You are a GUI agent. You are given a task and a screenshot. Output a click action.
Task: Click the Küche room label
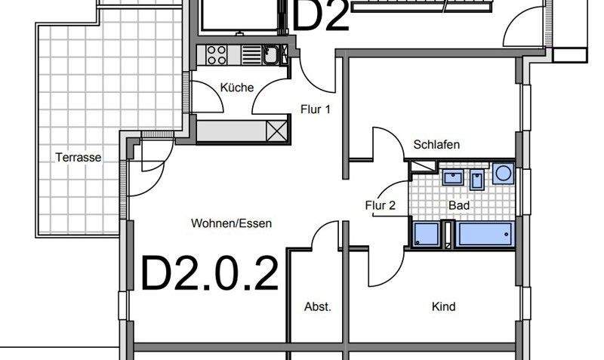pyautogui.click(x=236, y=88)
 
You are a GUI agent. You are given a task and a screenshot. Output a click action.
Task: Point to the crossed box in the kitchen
pyautogui.click(x=278, y=130)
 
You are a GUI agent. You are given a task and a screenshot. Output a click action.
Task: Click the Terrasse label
pyautogui.click(x=79, y=158)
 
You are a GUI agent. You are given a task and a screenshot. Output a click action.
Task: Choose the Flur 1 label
pyautogui.click(x=316, y=109)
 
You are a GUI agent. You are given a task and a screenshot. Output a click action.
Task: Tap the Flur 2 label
pyautogui.click(x=381, y=205)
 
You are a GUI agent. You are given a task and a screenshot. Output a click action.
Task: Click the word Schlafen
pyautogui.click(x=436, y=145)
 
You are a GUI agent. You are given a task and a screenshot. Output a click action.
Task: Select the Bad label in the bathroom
pyautogui.click(x=458, y=205)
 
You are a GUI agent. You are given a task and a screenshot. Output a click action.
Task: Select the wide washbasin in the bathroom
pyautogui.click(x=452, y=178)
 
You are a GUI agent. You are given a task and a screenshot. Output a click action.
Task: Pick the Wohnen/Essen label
pyautogui.click(x=231, y=223)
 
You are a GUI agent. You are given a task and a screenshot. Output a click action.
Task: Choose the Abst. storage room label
pyautogui.click(x=317, y=307)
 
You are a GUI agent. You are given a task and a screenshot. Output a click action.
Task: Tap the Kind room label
pyautogui.click(x=443, y=307)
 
